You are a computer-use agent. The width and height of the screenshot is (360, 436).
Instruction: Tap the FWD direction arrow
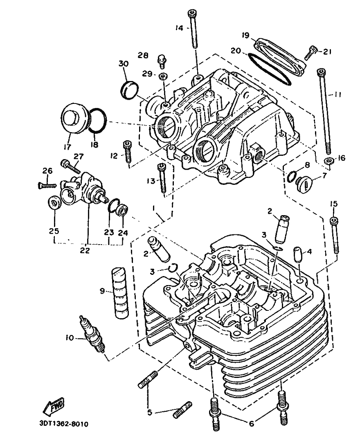[54, 406]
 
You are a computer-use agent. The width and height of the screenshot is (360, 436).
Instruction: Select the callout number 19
[245, 36]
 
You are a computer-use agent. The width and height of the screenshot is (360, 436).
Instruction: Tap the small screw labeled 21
[312, 52]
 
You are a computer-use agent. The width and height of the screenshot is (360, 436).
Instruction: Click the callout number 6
[251, 424]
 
